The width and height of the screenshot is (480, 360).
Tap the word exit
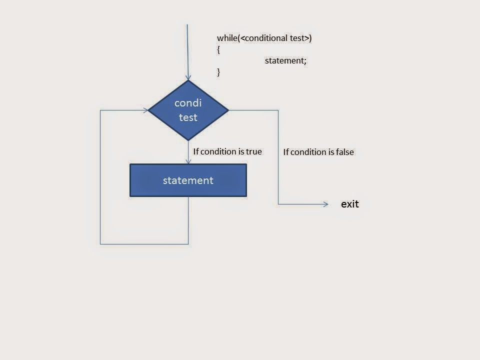(350, 204)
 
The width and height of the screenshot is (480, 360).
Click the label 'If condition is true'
(227, 151)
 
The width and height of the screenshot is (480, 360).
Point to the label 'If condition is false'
(318, 152)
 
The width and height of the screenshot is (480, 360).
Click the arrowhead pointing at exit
(325, 204)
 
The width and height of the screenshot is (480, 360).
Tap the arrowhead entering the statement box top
(188, 161)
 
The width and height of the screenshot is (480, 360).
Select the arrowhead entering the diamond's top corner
(188, 77)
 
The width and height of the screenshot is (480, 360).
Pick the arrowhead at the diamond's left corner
(145, 110)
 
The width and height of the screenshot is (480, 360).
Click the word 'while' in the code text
(227, 38)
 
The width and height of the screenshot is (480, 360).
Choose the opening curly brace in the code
(218, 49)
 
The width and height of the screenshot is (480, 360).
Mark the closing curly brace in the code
(218, 72)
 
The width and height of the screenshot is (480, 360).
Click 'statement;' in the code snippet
(285, 60)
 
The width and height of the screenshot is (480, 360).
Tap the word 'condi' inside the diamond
(188, 103)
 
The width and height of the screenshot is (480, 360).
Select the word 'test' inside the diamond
(188, 117)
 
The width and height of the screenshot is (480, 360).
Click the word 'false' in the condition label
(344, 152)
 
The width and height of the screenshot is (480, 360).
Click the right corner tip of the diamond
(228, 110)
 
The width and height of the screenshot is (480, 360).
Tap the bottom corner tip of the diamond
(188, 140)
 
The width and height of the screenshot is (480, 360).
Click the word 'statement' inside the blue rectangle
(188, 180)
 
